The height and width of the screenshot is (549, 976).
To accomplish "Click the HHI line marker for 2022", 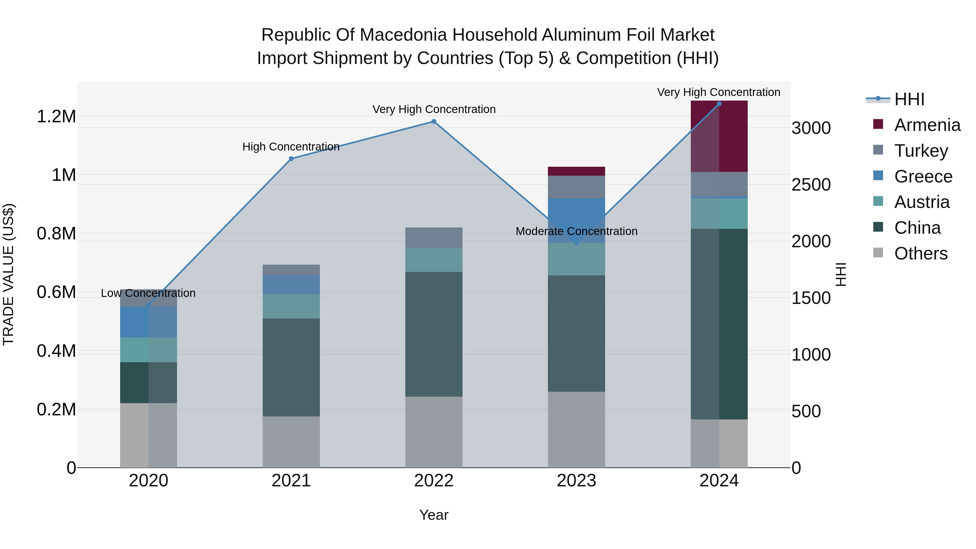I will [x=434, y=122].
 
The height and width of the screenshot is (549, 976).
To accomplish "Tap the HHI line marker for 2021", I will [x=291, y=159].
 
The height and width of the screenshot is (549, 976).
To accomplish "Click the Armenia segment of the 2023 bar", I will [x=576, y=171].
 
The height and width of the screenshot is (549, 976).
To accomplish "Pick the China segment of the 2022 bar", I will [x=434, y=334].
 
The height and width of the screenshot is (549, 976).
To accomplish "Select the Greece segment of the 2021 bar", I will [x=291, y=285].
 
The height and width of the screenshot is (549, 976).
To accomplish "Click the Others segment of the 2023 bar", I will [x=576, y=430].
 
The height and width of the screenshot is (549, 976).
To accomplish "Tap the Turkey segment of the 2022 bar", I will [x=434, y=237].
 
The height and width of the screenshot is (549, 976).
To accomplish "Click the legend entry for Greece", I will [x=923, y=176].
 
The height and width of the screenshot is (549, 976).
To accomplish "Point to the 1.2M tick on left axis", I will [x=56, y=116].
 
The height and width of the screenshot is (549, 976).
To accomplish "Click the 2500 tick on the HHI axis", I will [x=811, y=185].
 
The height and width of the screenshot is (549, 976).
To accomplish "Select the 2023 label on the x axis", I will [x=576, y=481].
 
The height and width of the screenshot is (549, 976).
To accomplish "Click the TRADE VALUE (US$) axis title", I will [x=8, y=274].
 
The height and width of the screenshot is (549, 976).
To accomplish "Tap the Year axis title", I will [x=434, y=515].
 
